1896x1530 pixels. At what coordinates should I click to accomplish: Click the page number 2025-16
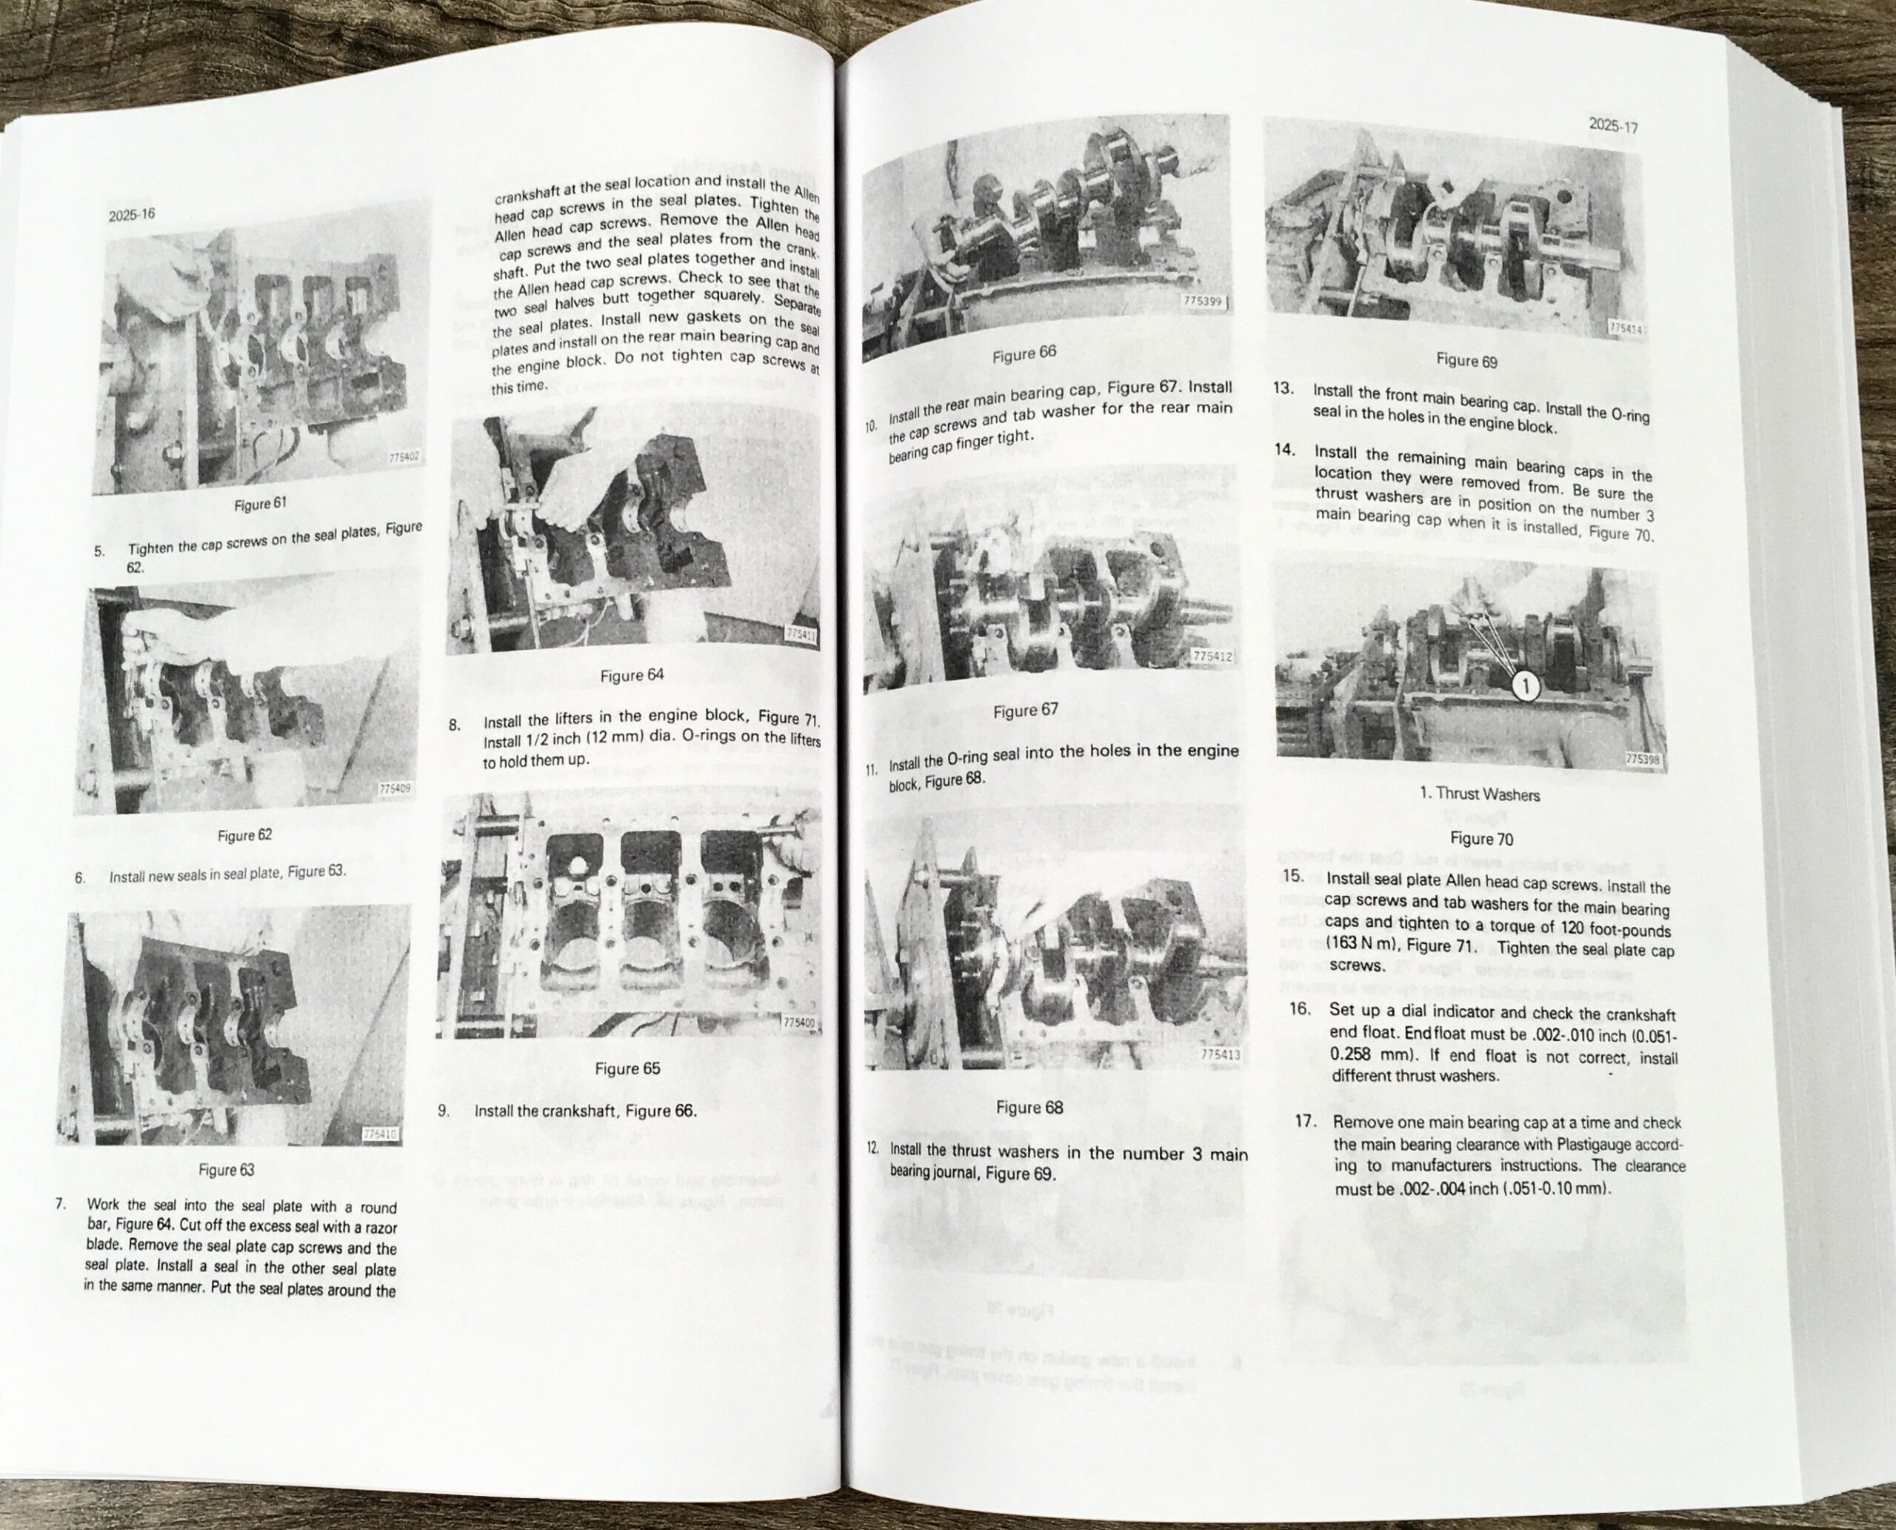pyautogui.click(x=131, y=214)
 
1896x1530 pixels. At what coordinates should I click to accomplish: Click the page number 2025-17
pyautogui.click(x=1613, y=127)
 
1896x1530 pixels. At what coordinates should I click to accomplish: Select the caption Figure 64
pyautogui.click(x=632, y=676)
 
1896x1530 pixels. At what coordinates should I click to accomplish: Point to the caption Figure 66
pyautogui.click(x=1024, y=354)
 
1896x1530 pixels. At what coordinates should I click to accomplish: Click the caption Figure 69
pyautogui.click(x=1466, y=361)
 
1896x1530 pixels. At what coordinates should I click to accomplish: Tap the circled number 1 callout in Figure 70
pyautogui.click(x=1526, y=685)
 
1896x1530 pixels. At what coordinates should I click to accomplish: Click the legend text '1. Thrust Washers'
pyautogui.click(x=1479, y=794)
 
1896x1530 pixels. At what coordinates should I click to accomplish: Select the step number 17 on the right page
pyautogui.click(x=1306, y=1122)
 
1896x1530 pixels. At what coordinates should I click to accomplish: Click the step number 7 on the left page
pyautogui.click(x=61, y=1204)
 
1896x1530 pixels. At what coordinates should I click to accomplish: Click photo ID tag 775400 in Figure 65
pyautogui.click(x=799, y=1023)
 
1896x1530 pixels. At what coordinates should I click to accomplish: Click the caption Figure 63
pyautogui.click(x=226, y=1171)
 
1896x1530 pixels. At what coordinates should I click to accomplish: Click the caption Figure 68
pyautogui.click(x=1029, y=1108)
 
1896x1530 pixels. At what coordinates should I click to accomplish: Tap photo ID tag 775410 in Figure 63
pyautogui.click(x=380, y=1134)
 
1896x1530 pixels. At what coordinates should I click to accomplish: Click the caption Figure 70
pyautogui.click(x=1481, y=838)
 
